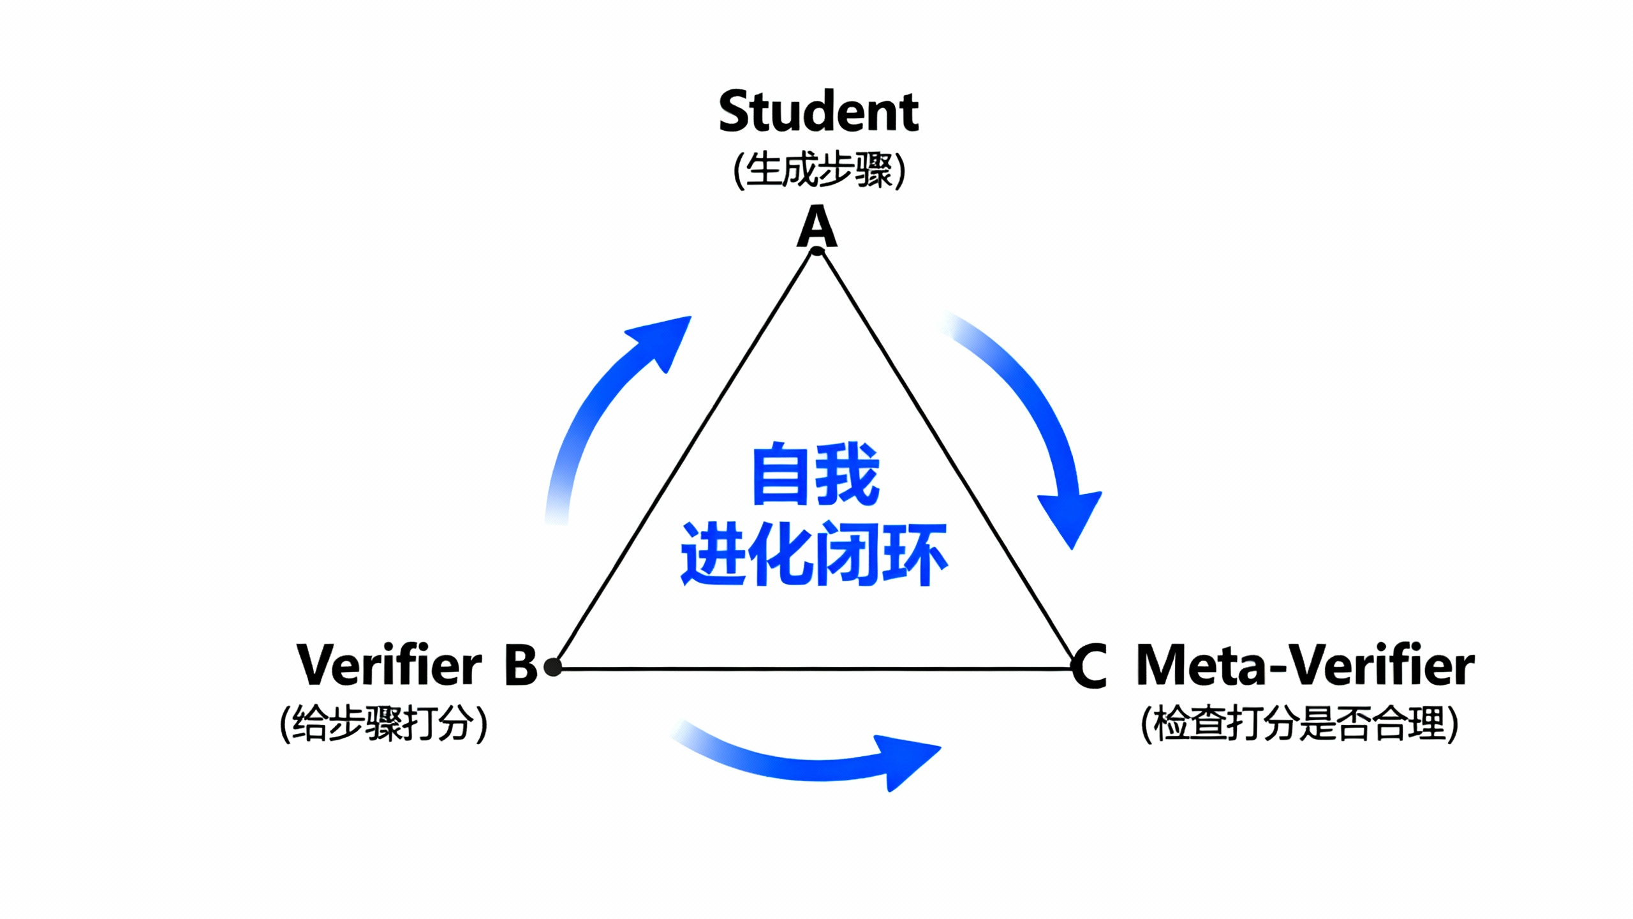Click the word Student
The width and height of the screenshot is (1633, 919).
click(818, 112)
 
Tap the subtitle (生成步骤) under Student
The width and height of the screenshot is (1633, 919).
click(819, 170)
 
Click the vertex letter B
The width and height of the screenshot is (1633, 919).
click(521, 665)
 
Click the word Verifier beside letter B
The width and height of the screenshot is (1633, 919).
click(389, 665)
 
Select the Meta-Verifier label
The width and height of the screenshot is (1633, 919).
click(1305, 665)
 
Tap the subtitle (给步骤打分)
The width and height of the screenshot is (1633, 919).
click(383, 724)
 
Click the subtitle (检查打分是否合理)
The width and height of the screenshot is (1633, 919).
click(1299, 724)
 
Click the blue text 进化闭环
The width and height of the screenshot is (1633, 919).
click(814, 554)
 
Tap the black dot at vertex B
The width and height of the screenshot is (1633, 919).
click(553, 668)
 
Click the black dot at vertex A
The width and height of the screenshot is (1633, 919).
click(817, 251)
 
